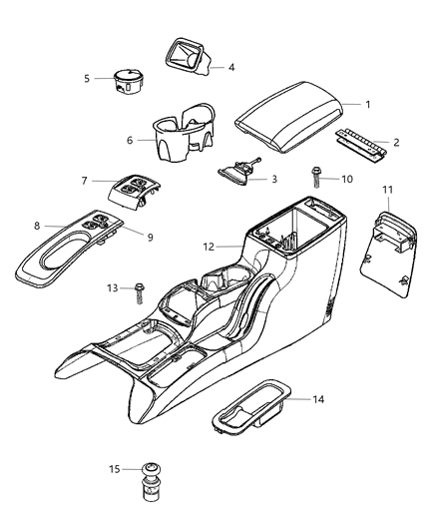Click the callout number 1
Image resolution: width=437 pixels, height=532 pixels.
click(368, 105)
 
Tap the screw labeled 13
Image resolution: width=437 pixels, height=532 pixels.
click(138, 290)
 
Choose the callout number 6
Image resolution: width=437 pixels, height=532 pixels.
click(129, 141)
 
